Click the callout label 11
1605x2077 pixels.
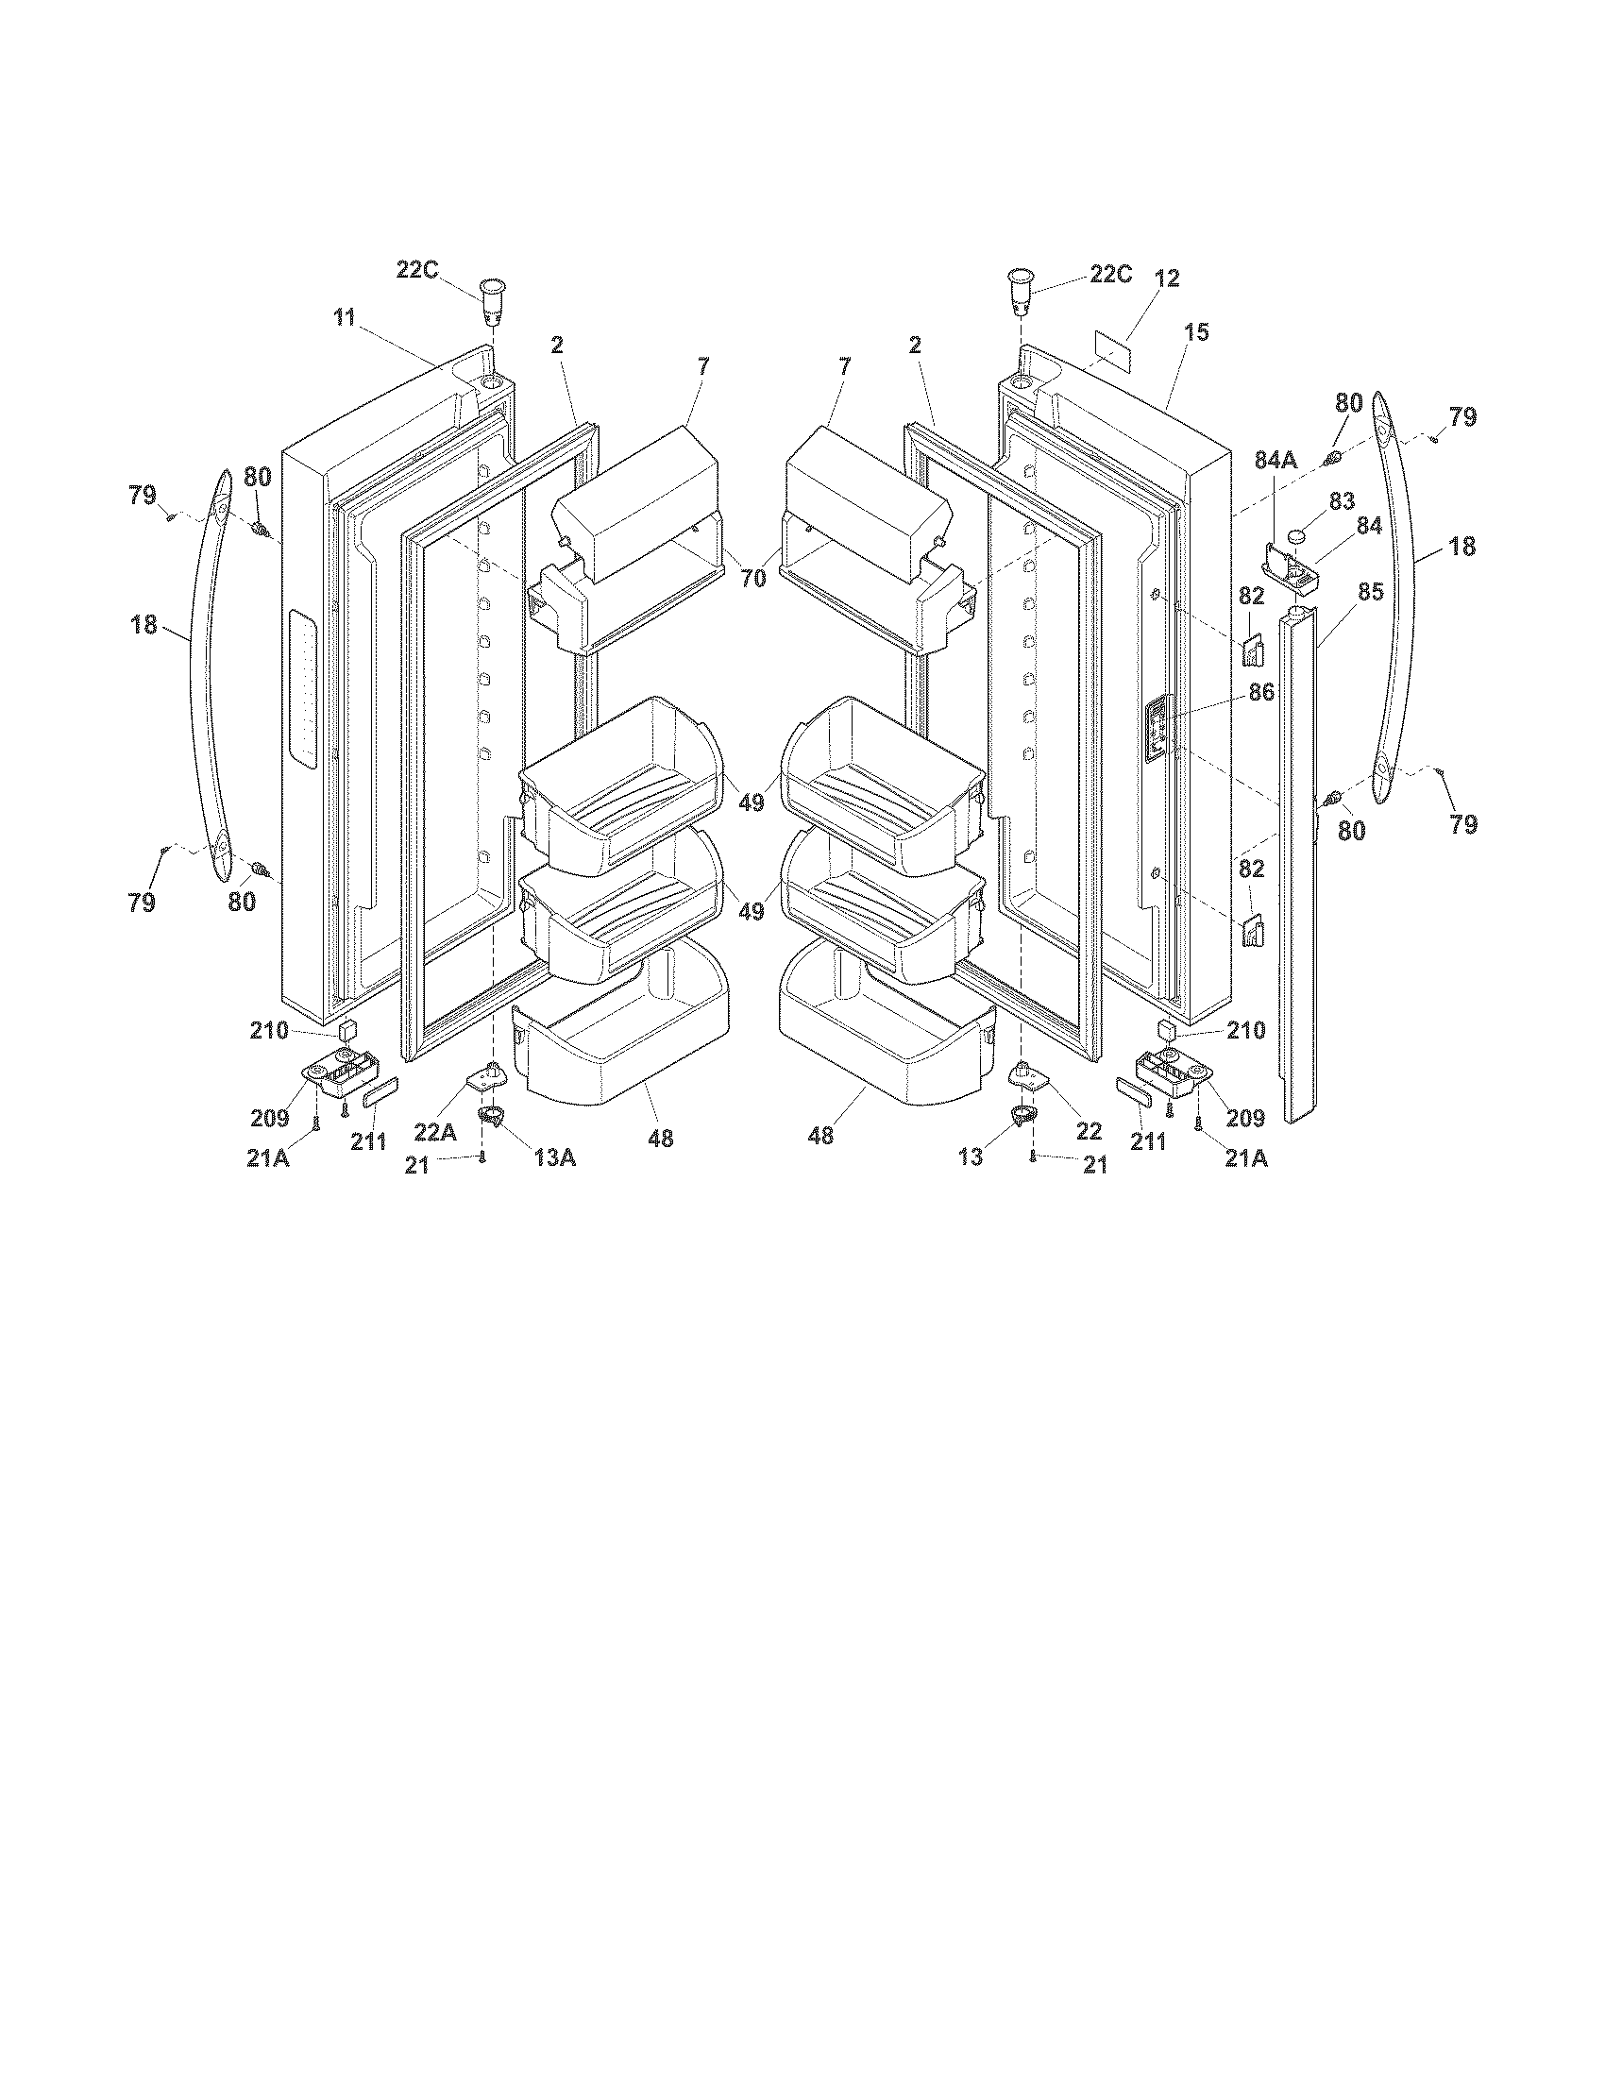pos(345,317)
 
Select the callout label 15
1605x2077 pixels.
pos(1196,333)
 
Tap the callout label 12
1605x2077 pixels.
pos(1167,279)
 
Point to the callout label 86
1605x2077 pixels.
pos(1260,693)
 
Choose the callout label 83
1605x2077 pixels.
pos(1342,501)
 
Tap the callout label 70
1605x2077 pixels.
pos(752,578)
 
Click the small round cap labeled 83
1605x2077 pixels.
pos(1297,538)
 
